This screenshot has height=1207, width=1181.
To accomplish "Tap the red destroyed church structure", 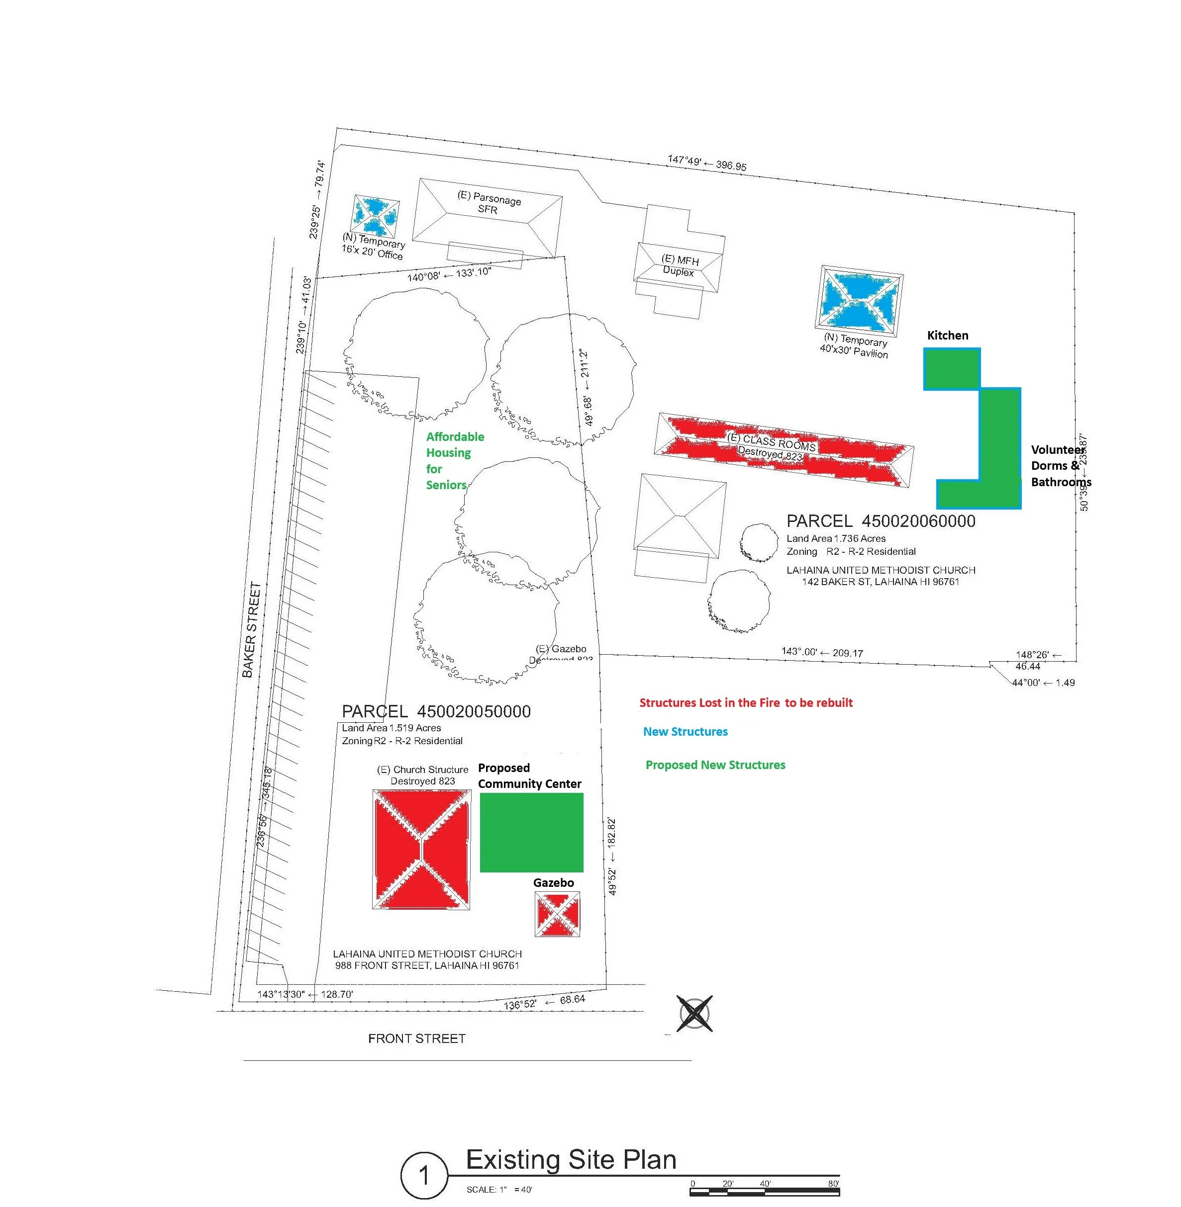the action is pyautogui.click(x=421, y=849).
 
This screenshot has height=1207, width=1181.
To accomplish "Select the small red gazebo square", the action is pyautogui.click(x=557, y=914).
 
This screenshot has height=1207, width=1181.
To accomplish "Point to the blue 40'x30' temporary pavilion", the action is pyautogui.click(x=859, y=301).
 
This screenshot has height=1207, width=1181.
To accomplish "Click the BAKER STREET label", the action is pyautogui.click(x=251, y=629).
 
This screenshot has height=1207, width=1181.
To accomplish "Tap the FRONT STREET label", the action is pyautogui.click(x=417, y=1038).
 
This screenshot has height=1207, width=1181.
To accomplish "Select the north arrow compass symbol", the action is pyautogui.click(x=694, y=1014).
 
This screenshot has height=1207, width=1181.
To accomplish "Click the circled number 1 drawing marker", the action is pyautogui.click(x=424, y=1175).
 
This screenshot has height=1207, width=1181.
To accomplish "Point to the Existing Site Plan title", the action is pyautogui.click(x=571, y=1159).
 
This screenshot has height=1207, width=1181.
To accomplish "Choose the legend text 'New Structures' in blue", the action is pyautogui.click(x=685, y=732).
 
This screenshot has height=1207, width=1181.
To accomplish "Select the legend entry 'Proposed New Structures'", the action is pyautogui.click(x=715, y=765).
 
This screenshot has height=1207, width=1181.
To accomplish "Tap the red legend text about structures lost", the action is pyautogui.click(x=746, y=702).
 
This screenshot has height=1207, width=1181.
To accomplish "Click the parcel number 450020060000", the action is pyautogui.click(x=918, y=521).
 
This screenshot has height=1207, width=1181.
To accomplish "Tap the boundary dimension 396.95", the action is pyautogui.click(x=731, y=166).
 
